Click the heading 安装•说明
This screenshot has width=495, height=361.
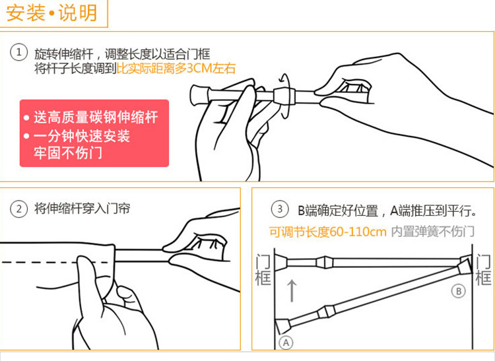click(x=51, y=13)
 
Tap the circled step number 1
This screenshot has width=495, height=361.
click(x=18, y=51)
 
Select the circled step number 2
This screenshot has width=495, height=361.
click(x=18, y=209)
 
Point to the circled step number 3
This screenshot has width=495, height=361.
click(x=280, y=209)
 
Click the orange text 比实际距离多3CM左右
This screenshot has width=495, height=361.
click(x=176, y=69)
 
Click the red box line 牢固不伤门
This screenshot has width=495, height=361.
click(x=68, y=153)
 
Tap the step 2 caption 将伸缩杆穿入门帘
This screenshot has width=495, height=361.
click(x=82, y=209)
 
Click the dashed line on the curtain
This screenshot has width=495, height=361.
click(x=57, y=262)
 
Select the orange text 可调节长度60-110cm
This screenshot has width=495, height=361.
click(x=327, y=232)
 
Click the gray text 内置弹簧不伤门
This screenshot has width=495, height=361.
click(x=433, y=232)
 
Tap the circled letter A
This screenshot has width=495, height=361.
click(x=286, y=343)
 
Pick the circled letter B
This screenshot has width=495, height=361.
click(x=459, y=290)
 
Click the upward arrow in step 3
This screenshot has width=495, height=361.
click(x=292, y=290)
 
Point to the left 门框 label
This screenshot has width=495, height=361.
click(x=263, y=270)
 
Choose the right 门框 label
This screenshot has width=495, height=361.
click(x=483, y=270)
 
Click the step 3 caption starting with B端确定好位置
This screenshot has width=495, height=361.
click(x=387, y=211)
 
